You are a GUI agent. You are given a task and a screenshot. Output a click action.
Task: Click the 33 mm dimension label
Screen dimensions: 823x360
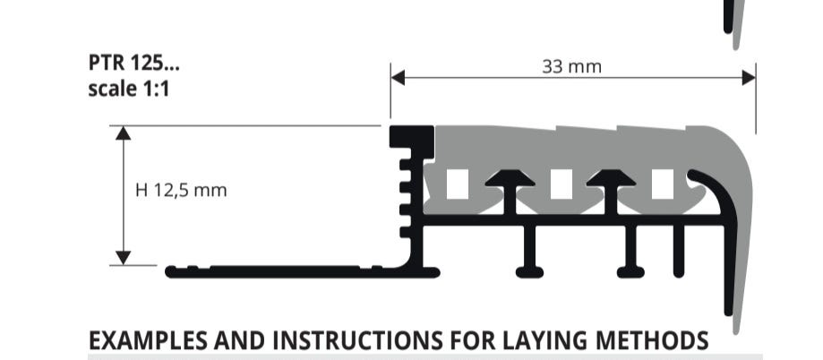pyautogui.click(x=571, y=67)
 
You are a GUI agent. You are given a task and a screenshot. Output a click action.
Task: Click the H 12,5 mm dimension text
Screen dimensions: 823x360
pyautogui.click(x=181, y=190)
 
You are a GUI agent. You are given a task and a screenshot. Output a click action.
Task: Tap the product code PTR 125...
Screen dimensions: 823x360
pyautogui.click(x=133, y=63)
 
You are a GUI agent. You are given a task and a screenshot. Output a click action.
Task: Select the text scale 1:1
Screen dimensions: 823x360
pyautogui.click(x=129, y=89)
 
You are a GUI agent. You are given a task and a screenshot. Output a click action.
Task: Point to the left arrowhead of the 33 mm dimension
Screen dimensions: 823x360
pyautogui.click(x=398, y=78)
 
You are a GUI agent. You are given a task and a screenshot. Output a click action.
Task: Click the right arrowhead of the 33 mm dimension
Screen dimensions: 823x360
pyautogui.click(x=749, y=78)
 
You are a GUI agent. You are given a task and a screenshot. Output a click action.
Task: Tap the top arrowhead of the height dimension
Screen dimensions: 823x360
pyautogui.click(x=124, y=133)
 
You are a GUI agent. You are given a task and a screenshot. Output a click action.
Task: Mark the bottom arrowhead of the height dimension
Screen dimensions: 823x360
pyautogui.click(x=124, y=258)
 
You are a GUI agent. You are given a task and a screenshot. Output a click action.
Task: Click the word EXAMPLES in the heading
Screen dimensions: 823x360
pyautogui.click(x=148, y=341)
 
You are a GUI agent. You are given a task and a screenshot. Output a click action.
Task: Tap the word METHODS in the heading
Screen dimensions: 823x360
pyautogui.click(x=653, y=341)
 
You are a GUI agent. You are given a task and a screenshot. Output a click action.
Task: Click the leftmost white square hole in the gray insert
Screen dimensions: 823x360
pyautogui.click(x=458, y=184)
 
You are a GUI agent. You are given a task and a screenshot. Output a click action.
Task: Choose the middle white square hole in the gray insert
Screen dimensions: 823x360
pyautogui.click(x=562, y=184)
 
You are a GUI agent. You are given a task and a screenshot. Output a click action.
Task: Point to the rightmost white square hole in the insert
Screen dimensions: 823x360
pyautogui.click(x=663, y=184)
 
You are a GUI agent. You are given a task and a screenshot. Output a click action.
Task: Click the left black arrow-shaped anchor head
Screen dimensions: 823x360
pyautogui.click(x=510, y=179)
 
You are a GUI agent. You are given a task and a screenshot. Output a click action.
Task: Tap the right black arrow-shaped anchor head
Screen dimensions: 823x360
pyautogui.click(x=611, y=179)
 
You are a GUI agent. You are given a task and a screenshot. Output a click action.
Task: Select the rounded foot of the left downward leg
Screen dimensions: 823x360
pyautogui.click(x=529, y=272)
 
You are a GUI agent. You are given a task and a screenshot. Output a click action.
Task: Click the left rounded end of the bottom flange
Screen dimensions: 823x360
pyautogui.click(x=171, y=272)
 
